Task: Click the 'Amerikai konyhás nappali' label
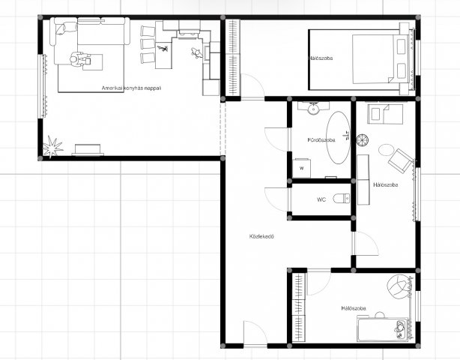click(131, 88)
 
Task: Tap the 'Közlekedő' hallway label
click(261, 236)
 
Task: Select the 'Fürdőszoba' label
click(321, 140)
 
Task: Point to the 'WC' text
click(321, 199)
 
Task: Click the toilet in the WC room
click(342, 199)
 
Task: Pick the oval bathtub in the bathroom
click(339, 137)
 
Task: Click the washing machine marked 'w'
click(302, 168)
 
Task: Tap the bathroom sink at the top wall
click(313, 108)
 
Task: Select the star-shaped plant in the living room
click(52, 146)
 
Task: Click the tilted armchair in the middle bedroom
click(401, 161)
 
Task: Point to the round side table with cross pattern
click(363, 140)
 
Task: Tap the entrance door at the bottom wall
click(255, 334)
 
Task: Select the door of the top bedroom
click(252, 86)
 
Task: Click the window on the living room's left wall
click(43, 86)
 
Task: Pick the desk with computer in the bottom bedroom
click(383, 329)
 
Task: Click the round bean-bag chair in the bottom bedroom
click(398, 285)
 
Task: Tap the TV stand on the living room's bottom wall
click(88, 150)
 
